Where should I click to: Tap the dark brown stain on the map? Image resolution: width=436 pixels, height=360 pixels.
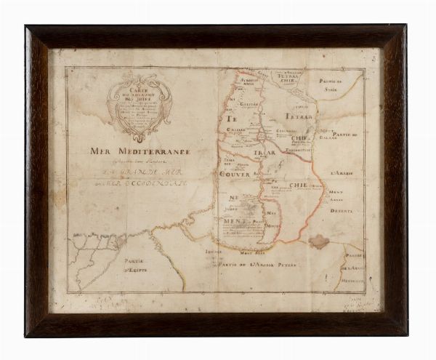(318, 241)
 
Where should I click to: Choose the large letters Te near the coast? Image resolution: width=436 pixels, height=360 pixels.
(233, 119)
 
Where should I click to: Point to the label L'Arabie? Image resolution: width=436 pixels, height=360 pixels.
(339, 173)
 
